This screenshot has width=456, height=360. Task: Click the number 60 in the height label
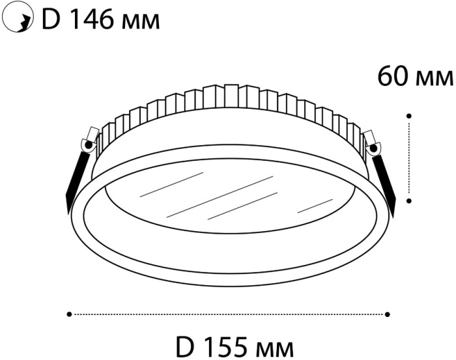pos(393,77)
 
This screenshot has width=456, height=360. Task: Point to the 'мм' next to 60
pos(435,79)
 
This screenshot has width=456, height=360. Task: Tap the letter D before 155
pos(185,347)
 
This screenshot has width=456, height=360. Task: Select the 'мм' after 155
pos(275,350)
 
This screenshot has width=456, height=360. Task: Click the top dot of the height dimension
pos(409,116)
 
